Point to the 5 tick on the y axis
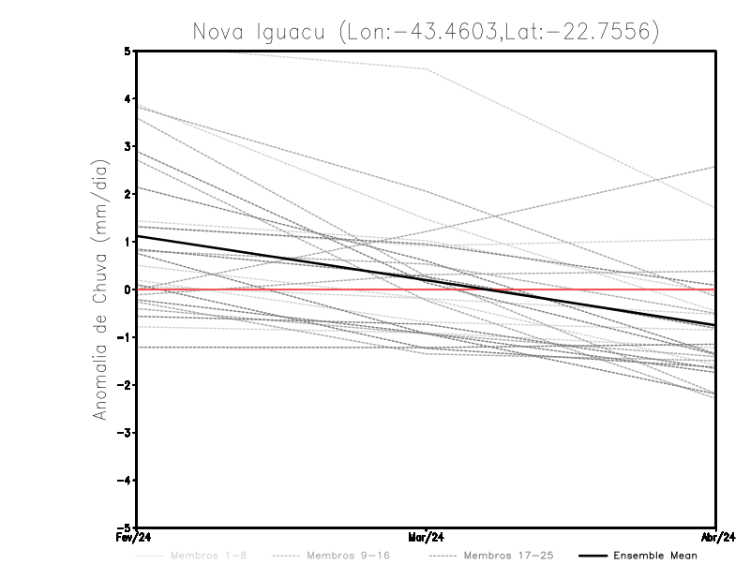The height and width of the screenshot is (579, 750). pyautogui.click(x=127, y=51)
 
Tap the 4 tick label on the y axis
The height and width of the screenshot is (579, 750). pyautogui.click(x=127, y=98)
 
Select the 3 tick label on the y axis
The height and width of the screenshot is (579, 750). pyautogui.click(x=127, y=147)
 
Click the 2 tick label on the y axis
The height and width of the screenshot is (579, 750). pyautogui.click(x=127, y=194)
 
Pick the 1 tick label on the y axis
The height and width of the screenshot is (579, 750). pyautogui.click(x=127, y=242)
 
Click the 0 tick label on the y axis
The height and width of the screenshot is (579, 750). pyautogui.click(x=127, y=289)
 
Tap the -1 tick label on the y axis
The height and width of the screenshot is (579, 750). pyautogui.click(x=125, y=337)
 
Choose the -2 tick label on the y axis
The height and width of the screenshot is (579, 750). pyautogui.click(x=125, y=385)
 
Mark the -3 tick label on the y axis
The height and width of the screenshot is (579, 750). pyautogui.click(x=125, y=433)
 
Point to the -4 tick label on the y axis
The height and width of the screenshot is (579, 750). pyautogui.click(x=125, y=481)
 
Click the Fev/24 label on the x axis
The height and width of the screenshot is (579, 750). pyautogui.click(x=137, y=539)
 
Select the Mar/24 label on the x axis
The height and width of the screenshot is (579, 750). pyautogui.click(x=427, y=539)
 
